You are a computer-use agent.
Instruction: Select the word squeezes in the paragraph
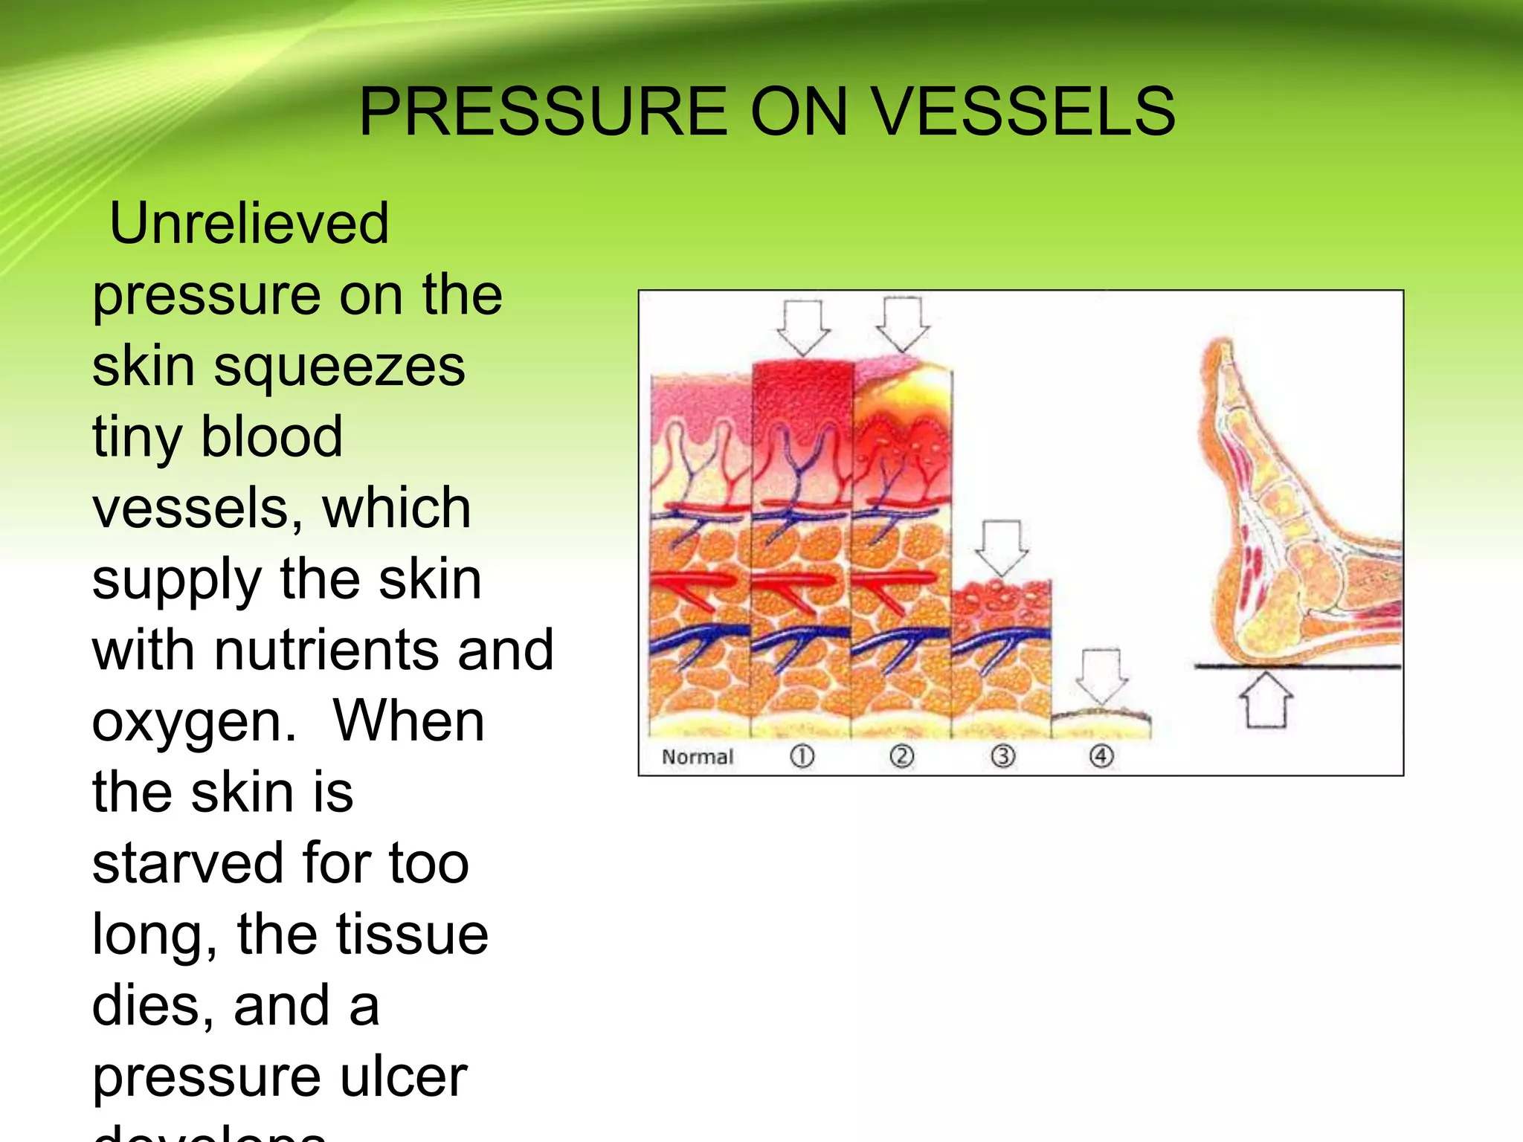click(x=340, y=366)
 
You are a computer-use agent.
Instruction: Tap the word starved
click(x=188, y=863)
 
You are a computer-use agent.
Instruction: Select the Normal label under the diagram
click(x=697, y=757)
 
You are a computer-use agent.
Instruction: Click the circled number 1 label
click(x=802, y=757)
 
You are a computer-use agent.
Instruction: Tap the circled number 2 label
click(x=901, y=757)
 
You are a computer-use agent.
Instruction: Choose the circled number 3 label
click(x=1002, y=757)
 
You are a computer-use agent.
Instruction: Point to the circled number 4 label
click(x=1101, y=757)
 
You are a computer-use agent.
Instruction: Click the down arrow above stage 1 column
click(x=803, y=327)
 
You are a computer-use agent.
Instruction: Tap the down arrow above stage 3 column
click(x=1001, y=547)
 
